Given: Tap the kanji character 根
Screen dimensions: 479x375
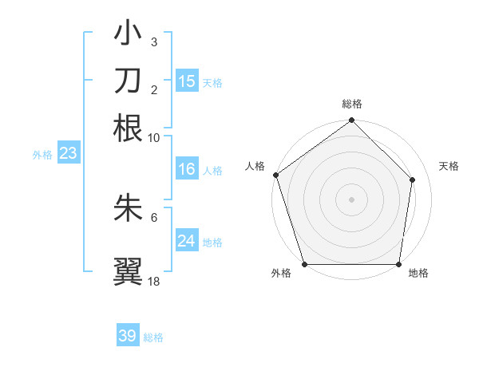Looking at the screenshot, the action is [x=128, y=128].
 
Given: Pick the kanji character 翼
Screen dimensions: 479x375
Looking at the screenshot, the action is [x=128, y=270].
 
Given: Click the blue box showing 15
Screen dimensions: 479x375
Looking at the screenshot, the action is [x=187, y=81].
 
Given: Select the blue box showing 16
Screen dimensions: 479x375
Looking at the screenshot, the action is [x=187, y=169].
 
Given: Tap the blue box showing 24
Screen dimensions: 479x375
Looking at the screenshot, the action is [x=187, y=241].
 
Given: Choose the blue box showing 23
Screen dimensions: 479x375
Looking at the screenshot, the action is [x=68, y=154].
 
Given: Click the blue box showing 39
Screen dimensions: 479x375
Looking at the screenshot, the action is [x=128, y=336].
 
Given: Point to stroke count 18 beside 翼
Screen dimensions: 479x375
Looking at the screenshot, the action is [x=154, y=281].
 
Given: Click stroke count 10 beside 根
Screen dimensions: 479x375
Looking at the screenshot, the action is [x=154, y=137].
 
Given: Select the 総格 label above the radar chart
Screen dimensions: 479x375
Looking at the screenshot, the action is [x=352, y=105].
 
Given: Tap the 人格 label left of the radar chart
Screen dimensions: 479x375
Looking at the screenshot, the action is [x=255, y=166].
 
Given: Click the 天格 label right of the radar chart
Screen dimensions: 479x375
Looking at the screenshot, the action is [x=449, y=166].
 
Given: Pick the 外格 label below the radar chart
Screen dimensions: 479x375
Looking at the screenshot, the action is [x=281, y=274].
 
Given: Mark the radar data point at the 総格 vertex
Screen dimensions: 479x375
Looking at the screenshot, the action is [x=351, y=121].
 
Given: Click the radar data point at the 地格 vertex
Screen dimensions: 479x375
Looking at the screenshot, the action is [x=399, y=264].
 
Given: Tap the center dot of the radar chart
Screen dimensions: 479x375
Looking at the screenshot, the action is [x=351, y=199].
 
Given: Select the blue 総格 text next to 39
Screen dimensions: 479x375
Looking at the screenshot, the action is [x=153, y=337].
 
